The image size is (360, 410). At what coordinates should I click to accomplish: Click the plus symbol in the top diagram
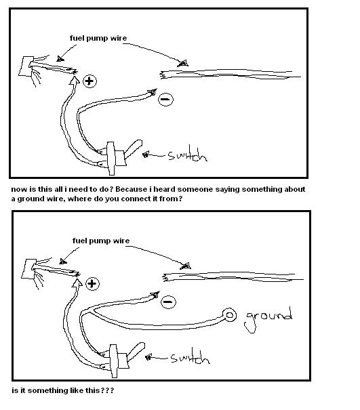click(x=89, y=81)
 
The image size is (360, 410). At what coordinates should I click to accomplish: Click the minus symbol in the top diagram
click(x=165, y=100)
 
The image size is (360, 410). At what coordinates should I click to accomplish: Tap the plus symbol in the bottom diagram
click(x=92, y=284)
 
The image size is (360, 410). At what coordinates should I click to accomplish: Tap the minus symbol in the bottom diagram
click(x=168, y=302)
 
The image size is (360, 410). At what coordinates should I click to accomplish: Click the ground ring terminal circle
click(x=229, y=315)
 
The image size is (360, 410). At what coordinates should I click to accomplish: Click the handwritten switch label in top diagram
click(x=188, y=155)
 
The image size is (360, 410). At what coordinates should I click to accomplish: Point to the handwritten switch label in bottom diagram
click(x=191, y=356)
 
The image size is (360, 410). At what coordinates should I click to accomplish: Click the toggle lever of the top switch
click(x=133, y=148)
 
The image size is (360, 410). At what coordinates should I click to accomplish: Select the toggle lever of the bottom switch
click(x=136, y=351)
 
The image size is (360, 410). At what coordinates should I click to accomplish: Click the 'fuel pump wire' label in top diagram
click(x=98, y=38)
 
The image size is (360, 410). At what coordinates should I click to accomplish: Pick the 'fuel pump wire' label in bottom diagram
click(x=101, y=241)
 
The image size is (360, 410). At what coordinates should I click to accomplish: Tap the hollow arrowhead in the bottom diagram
click(x=77, y=283)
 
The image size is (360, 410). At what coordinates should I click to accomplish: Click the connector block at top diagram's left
click(x=26, y=66)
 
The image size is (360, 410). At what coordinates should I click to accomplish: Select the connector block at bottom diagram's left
click(x=28, y=269)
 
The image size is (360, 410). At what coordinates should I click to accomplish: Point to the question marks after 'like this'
click(x=108, y=390)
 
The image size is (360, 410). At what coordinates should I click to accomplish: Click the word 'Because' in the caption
click(x=131, y=189)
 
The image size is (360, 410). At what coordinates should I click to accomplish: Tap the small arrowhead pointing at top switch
click(x=146, y=155)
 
